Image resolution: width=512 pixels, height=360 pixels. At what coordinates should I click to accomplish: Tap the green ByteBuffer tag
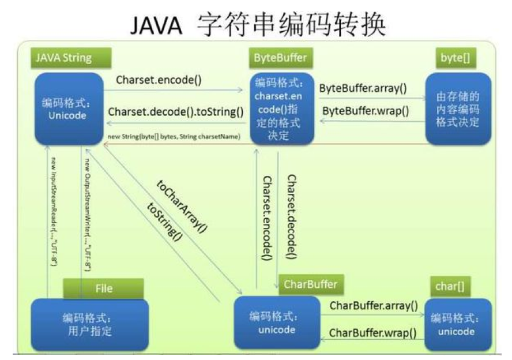[280, 58]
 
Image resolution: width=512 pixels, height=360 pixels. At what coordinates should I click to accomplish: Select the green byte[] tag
[456, 58]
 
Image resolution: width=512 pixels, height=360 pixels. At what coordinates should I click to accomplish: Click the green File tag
[104, 288]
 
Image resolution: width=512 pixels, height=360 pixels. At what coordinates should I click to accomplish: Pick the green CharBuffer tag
[311, 283]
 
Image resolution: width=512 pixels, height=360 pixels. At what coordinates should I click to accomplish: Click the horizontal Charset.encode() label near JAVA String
[159, 80]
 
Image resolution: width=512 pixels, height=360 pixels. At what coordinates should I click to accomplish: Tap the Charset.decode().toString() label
[175, 112]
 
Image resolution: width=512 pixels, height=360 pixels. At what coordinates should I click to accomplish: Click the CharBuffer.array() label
[374, 306]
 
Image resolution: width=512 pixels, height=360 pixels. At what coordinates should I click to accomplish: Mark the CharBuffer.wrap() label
[373, 333]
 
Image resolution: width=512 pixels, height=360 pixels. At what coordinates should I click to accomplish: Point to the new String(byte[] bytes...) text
[174, 136]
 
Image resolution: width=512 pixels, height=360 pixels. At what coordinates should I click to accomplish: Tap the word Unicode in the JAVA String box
[68, 115]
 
